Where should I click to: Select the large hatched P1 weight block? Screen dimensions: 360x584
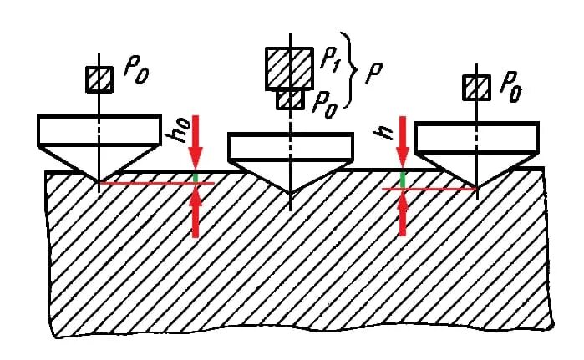pyautogui.click(x=289, y=68)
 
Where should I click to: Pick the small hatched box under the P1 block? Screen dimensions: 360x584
pyautogui.click(x=289, y=99)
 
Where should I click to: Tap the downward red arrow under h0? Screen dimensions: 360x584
pyautogui.click(x=196, y=142)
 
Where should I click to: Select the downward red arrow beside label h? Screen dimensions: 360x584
pyautogui.click(x=403, y=142)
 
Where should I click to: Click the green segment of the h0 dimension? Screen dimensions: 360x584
pyautogui.click(x=196, y=176)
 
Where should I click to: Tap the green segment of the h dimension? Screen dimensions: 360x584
pyautogui.click(x=403, y=180)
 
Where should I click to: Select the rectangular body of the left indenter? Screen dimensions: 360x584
pyautogui.click(x=99, y=129)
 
